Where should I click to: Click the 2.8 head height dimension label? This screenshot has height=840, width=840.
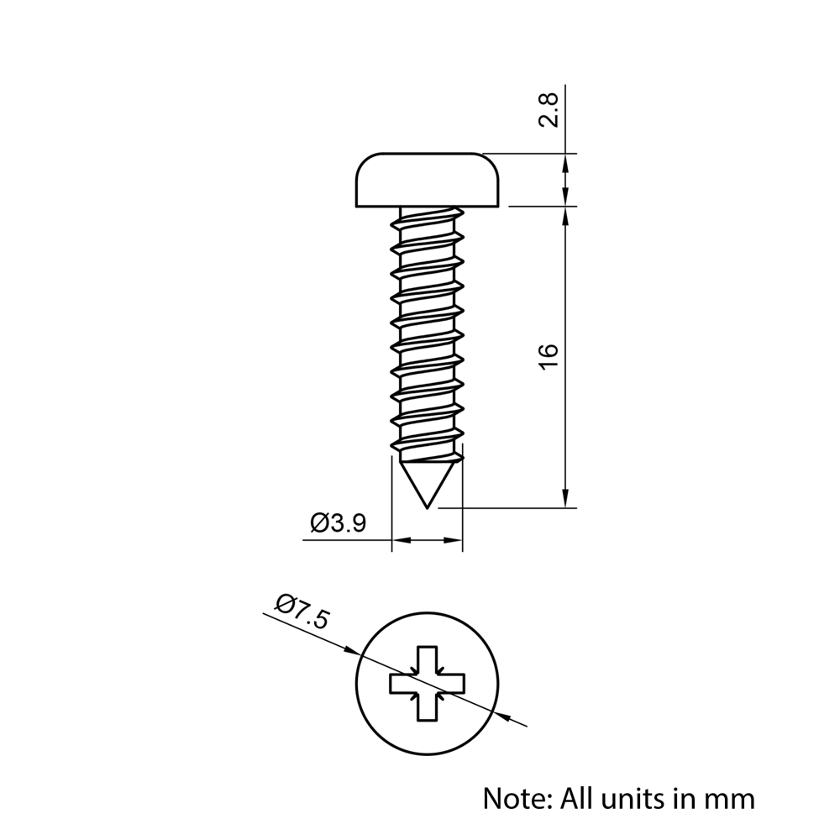pyautogui.click(x=549, y=110)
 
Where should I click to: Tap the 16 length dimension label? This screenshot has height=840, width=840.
pyautogui.click(x=548, y=356)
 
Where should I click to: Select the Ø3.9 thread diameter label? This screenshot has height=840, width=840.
pyautogui.click(x=338, y=524)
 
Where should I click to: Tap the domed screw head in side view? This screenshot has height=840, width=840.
pyautogui.click(x=428, y=180)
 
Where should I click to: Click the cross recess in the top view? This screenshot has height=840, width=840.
pyautogui.click(x=428, y=684)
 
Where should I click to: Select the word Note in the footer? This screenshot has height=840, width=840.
pyautogui.click(x=513, y=797)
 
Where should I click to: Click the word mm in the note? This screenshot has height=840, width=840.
pyautogui.click(x=730, y=798)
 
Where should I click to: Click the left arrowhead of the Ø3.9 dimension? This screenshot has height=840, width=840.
pyautogui.click(x=400, y=541)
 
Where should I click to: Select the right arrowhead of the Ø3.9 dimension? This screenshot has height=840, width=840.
pyautogui.click(x=455, y=541)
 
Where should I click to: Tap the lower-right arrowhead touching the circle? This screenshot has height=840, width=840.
pyautogui.click(x=504, y=716)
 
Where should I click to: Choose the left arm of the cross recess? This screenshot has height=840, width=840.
pyautogui.click(x=402, y=684)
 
